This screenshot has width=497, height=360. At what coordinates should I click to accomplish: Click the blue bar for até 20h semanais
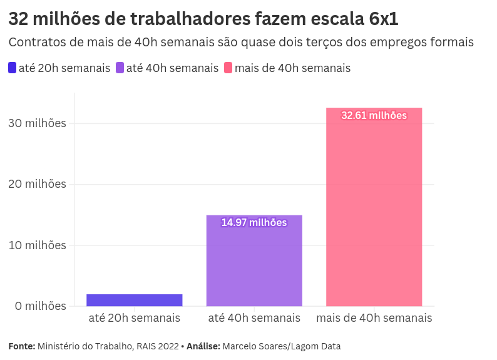coord(134,300)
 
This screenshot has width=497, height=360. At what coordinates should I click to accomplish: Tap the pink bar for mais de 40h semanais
coord(374,207)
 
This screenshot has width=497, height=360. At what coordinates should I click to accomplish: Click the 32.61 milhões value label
coord(374,116)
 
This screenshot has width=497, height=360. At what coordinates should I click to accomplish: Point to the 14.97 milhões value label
coord(254,223)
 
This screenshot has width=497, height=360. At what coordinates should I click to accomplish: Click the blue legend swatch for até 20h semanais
coord(13,68)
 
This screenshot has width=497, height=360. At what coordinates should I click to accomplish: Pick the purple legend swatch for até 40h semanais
coord(120,68)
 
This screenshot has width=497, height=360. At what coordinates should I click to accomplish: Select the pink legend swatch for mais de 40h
coord(228,68)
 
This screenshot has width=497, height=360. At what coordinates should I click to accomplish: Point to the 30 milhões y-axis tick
coord(37,123)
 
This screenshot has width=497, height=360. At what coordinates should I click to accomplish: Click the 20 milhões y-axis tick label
coord(37,184)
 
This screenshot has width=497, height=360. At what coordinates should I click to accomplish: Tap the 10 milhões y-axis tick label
coord(37,245)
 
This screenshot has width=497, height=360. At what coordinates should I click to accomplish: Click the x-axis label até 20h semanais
coord(134,318)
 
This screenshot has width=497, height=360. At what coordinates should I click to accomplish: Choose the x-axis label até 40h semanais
coord(254,318)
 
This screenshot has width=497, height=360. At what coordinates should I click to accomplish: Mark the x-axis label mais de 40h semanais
coord(374,318)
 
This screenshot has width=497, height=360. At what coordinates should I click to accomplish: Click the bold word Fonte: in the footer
coord(21,346)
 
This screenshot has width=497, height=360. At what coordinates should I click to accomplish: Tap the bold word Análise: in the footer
coord(203,346)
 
